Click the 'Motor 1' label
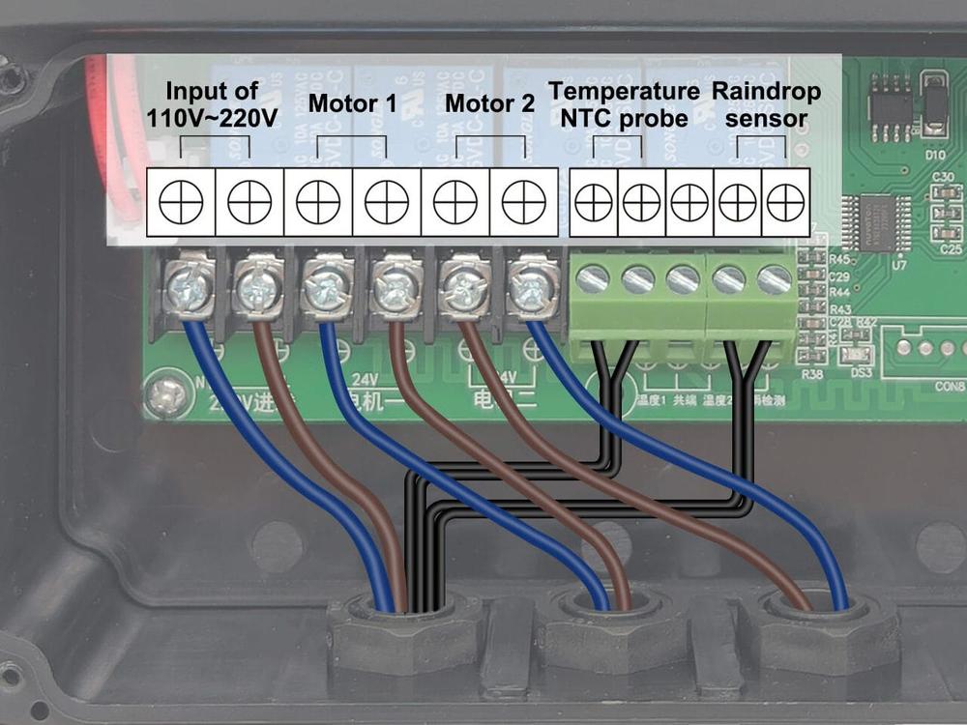(x=352, y=102)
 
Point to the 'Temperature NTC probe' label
(x=624, y=104)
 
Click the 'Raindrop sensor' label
(x=766, y=104)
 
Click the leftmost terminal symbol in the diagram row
(x=181, y=202)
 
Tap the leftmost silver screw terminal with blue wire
(x=188, y=286)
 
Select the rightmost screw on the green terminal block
(x=775, y=280)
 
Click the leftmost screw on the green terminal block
(x=592, y=280)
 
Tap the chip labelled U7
(x=875, y=222)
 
